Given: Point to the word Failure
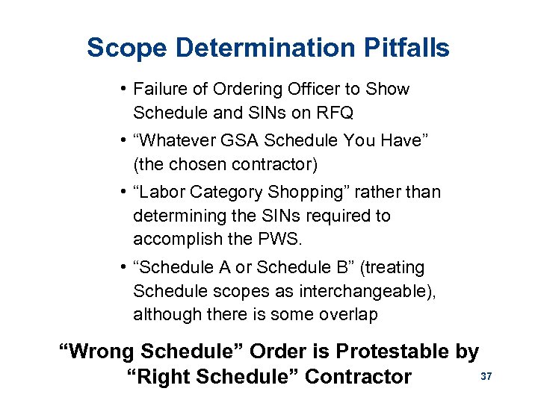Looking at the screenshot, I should coord(158,90).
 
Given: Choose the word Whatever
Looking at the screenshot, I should coord(179,141).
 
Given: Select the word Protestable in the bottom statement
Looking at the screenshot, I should coord(395,351).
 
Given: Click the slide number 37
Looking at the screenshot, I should coord(486,377).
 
